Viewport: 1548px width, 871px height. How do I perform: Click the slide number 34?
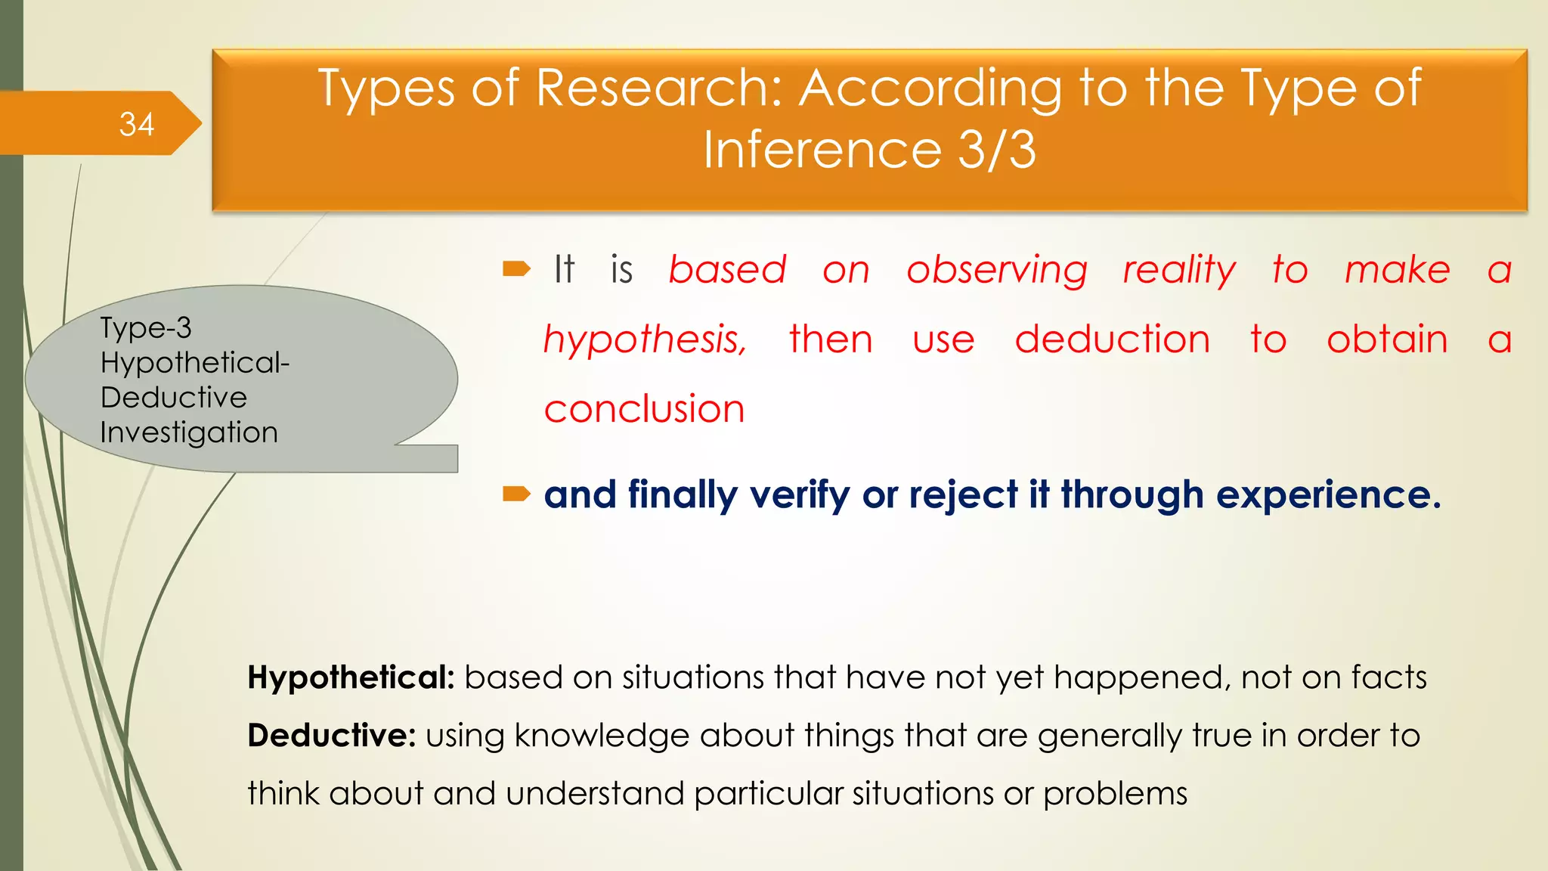pos(137,125)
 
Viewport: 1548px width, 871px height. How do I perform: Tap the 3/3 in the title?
pos(997,150)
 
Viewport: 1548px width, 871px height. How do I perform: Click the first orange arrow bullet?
pos(517,269)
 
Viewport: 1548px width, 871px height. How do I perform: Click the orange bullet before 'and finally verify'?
pos(517,494)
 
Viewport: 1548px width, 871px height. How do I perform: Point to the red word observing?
pos(996,271)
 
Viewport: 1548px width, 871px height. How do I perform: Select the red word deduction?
pos(1112,339)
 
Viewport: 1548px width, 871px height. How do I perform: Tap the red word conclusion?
pos(644,409)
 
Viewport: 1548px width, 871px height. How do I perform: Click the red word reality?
pos(1178,271)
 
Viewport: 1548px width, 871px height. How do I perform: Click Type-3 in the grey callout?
pos(146,328)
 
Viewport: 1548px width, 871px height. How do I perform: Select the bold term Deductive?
pos(331,736)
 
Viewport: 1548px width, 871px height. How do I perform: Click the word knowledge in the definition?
pos(602,736)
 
